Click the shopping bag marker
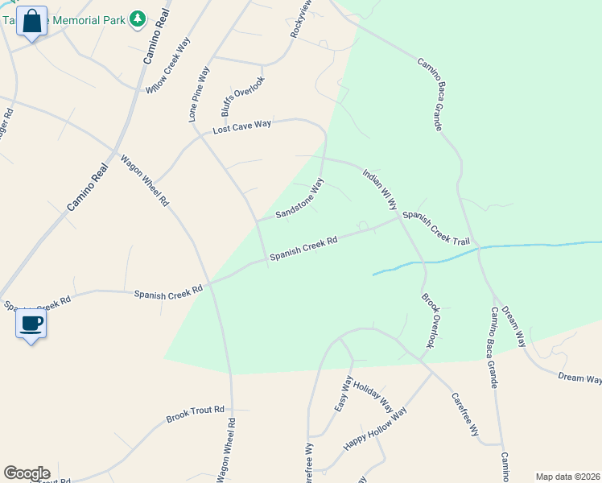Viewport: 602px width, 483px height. (32, 23)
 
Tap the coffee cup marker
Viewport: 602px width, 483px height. (31, 324)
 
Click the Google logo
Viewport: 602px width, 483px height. (27, 473)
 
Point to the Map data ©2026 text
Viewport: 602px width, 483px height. (567, 477)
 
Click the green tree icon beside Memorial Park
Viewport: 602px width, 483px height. (138, 18)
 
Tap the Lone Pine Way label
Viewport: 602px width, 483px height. (198, 95)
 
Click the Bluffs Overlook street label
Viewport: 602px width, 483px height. (242, 97)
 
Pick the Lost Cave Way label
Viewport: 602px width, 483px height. (241, 126)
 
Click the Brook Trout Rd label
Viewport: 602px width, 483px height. (195, 414)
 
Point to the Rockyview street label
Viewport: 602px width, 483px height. (300, 19)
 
